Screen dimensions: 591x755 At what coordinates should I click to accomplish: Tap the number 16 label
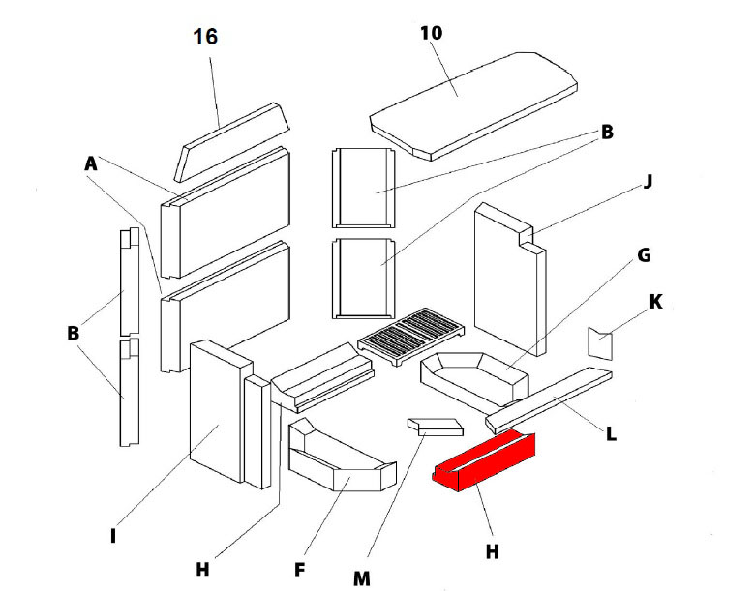pos(205,38)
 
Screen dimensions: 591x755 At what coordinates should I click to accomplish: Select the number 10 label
pos(432,32)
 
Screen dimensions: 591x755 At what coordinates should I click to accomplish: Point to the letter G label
pos(643,256)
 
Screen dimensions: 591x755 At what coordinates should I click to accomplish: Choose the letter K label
pos(655,302)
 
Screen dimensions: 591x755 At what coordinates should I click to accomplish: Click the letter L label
pos(611,434)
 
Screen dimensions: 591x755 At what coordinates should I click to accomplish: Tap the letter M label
pos(362,577)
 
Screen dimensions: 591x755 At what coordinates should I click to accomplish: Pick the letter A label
pos(91,165)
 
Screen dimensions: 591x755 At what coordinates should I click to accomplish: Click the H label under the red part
pos(492,550)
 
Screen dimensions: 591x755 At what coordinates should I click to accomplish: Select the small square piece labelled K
pos(601,343)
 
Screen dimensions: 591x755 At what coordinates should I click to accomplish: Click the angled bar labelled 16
pos(232,140)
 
